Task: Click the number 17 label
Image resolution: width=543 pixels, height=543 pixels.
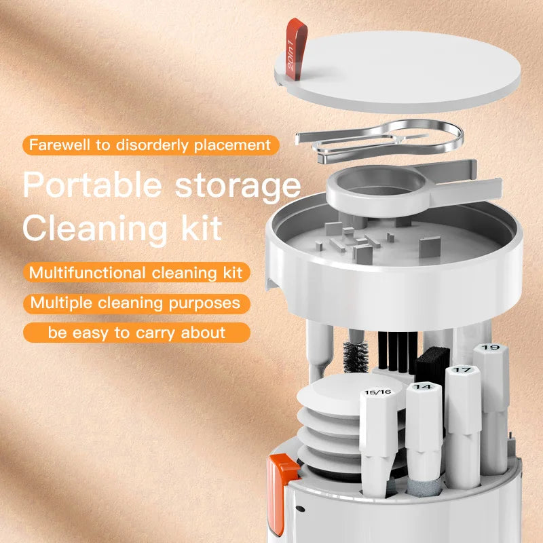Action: (462, 371)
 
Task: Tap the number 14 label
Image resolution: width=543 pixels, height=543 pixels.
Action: (423, 387)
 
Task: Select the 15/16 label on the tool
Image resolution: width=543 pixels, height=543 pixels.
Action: (377, 392)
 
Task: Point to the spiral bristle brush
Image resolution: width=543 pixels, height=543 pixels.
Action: (356, 356)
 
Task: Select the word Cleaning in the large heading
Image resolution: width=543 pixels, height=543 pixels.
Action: (86, 229)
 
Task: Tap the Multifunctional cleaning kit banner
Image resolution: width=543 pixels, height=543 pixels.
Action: (136, 273)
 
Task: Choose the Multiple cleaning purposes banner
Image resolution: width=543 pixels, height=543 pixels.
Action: (136, 303)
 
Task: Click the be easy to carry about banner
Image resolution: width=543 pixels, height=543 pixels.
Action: (136, 333)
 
